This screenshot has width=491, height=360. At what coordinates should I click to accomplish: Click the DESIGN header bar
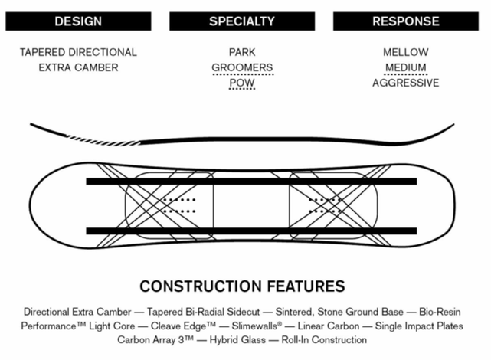(78, 21)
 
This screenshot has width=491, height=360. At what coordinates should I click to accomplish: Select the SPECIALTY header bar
(242, 21)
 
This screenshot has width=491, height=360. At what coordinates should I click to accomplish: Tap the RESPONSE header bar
(406, 21)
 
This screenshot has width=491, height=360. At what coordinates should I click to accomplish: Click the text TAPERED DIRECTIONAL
(78, 53)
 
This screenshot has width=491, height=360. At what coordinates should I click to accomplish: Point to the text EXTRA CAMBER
(78, 67)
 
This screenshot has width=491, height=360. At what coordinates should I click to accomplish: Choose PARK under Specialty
(242, 53)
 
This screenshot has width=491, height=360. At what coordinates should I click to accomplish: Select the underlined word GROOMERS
(242, 67)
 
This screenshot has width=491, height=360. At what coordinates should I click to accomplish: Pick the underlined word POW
(242, 83)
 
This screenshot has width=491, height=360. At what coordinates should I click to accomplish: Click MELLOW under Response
(406, 53)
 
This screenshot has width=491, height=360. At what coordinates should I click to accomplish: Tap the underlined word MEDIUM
(406, 67)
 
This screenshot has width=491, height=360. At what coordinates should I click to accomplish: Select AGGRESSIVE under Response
(406, 83)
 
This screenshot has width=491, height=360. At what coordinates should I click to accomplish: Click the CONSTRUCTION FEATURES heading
(242, 287)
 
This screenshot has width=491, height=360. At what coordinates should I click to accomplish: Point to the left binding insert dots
(181, 204)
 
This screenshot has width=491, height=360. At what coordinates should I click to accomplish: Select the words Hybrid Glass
(228, 339)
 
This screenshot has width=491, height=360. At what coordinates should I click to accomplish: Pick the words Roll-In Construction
(321, 339)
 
